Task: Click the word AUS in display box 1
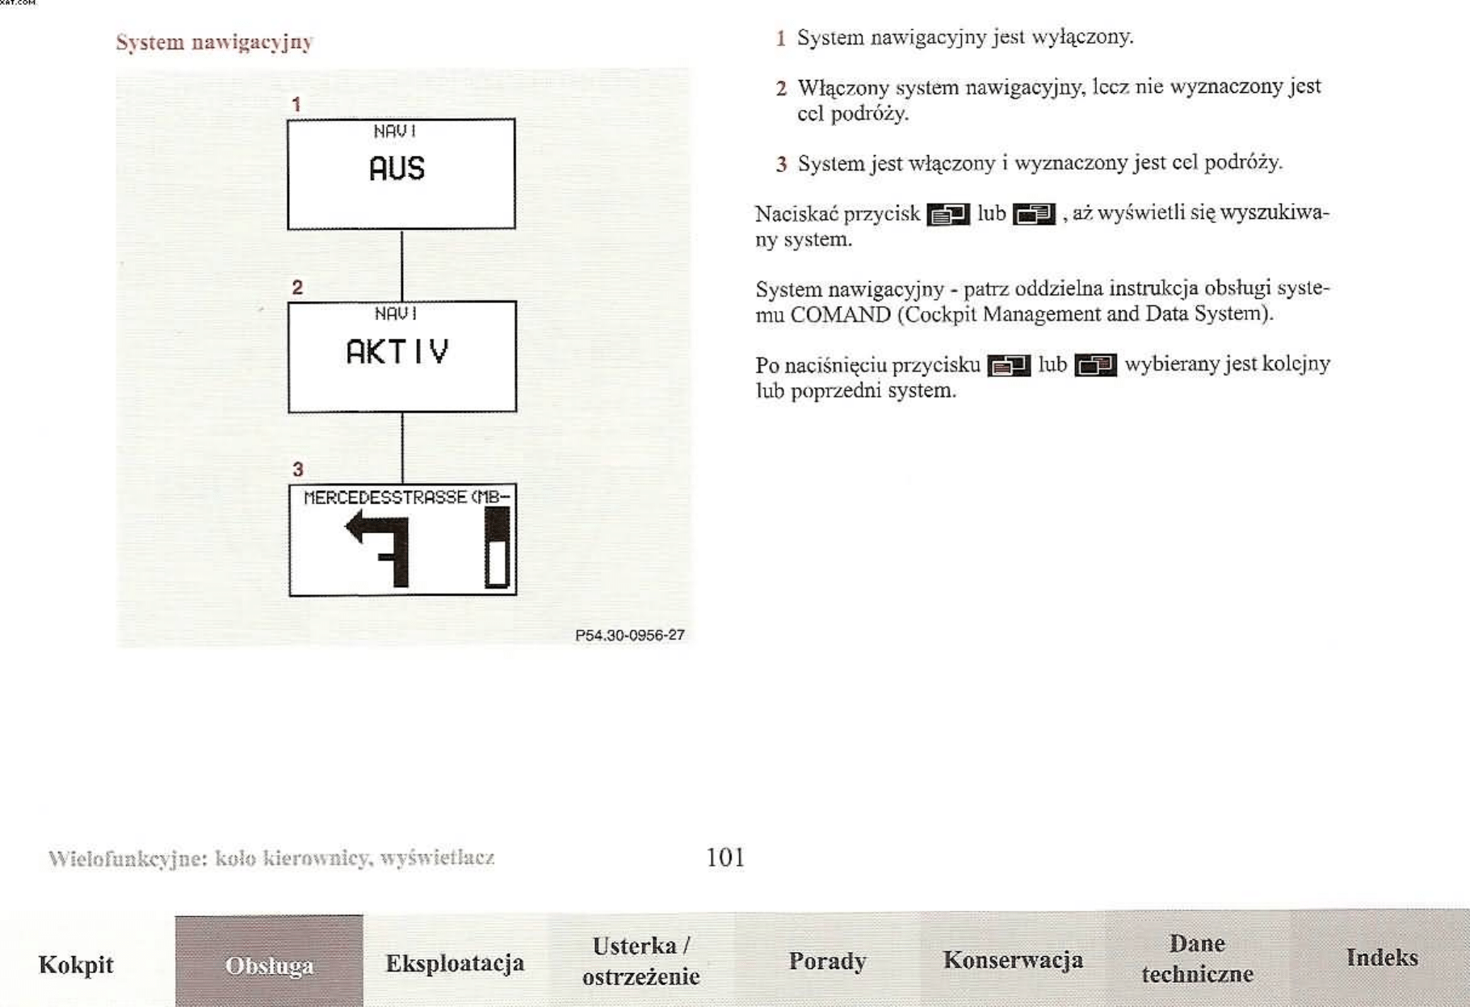pos(397,168)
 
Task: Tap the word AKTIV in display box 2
pos(397,351)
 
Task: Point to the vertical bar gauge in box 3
pos(498,548)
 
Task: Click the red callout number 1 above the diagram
pos(296,104)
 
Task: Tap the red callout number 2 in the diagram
pos(297,287)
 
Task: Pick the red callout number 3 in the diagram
pos(298,469)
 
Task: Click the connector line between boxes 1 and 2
pos(401,265)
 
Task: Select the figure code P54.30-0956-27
pos(630,635)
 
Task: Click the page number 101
pos(725,857)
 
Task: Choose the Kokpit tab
pos(76,964)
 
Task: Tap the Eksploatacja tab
pos(455,963)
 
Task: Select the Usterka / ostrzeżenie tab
pos(641,961)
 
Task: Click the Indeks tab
pos(1382,958)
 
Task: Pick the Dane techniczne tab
pos(1198,959)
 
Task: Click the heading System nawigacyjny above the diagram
pos(214,43)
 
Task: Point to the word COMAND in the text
pos(840,315)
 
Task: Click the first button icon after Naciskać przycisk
pos(948,215)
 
